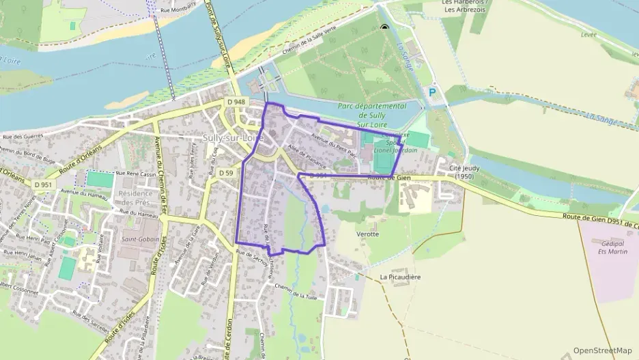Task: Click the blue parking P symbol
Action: point(431,92)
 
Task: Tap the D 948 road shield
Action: point(236,102)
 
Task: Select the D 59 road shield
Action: point(226,173)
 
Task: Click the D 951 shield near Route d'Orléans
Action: point(42,184)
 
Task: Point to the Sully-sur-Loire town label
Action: point(233,137)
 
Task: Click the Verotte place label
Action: point(367,234)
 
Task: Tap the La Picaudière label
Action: point(400,277)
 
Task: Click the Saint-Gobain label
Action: point(140,240)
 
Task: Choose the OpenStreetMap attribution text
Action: point(602,350)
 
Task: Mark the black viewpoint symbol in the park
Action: point(384,28)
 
